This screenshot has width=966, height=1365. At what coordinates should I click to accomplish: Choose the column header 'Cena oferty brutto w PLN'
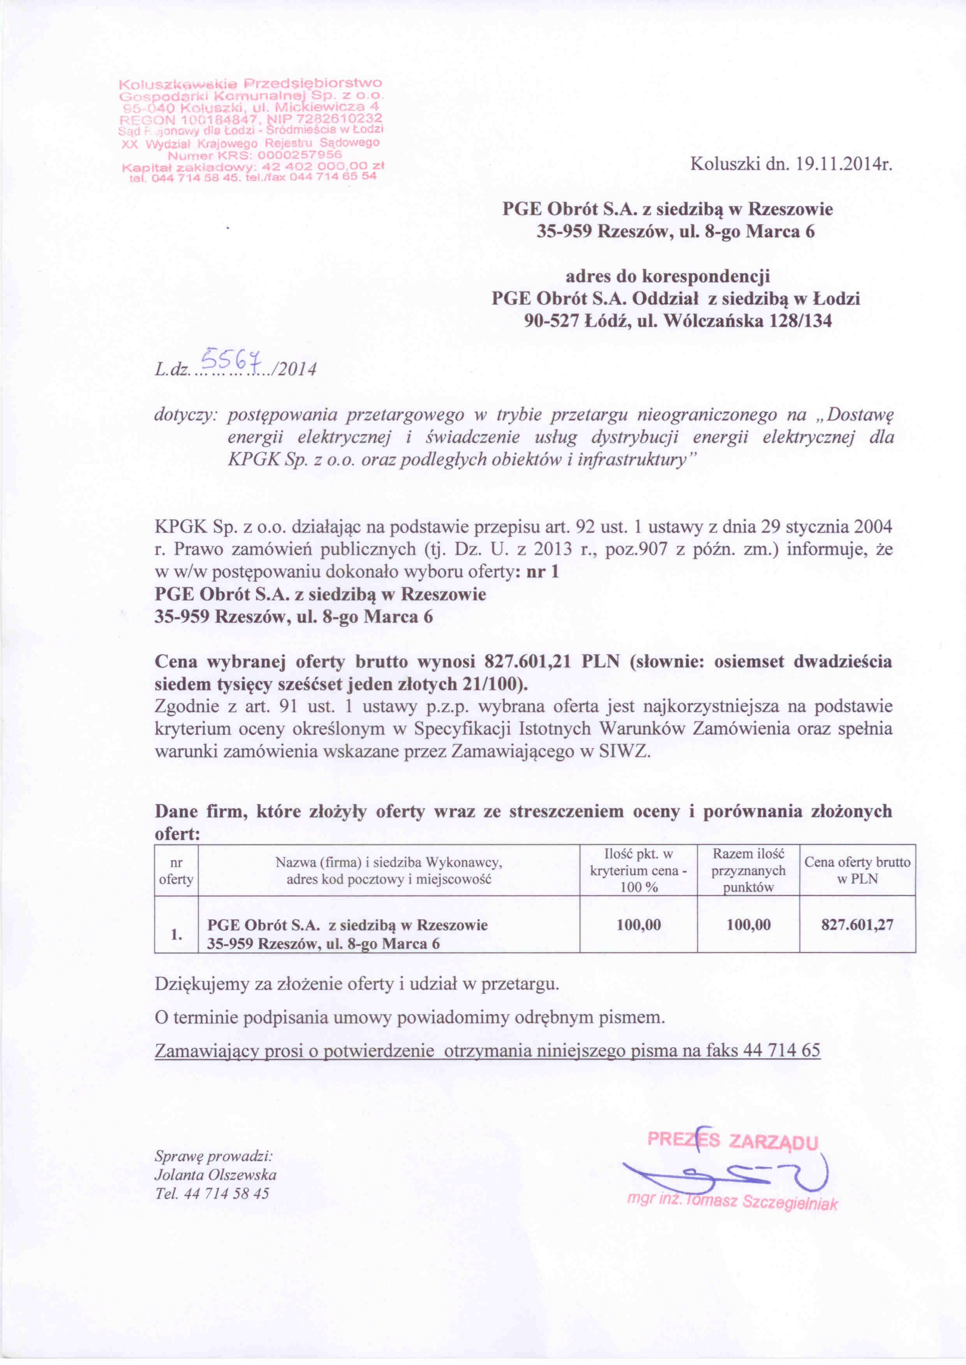(x=857, y=870)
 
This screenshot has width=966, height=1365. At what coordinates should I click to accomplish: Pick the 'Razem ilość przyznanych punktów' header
(x=748, y=870)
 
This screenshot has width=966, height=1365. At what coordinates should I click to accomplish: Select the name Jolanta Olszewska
(x=215, y=1175)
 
